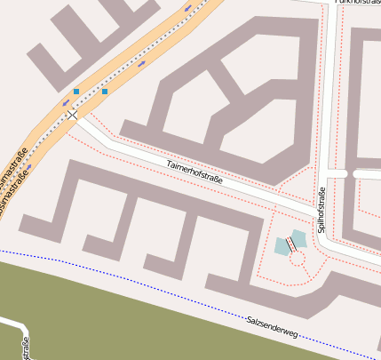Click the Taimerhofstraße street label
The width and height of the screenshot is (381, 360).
(x=194, y=172)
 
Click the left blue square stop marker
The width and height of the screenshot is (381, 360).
(x=76, y=92)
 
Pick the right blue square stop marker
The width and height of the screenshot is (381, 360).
(x=105, y=92)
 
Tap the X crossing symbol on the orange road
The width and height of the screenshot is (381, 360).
(x=72, y=115)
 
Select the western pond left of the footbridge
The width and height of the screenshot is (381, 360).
(x=282, y=246)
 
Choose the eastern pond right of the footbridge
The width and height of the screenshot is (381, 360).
(x=298, y=238)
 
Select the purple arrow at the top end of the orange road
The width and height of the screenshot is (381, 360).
(x=188, y=8)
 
